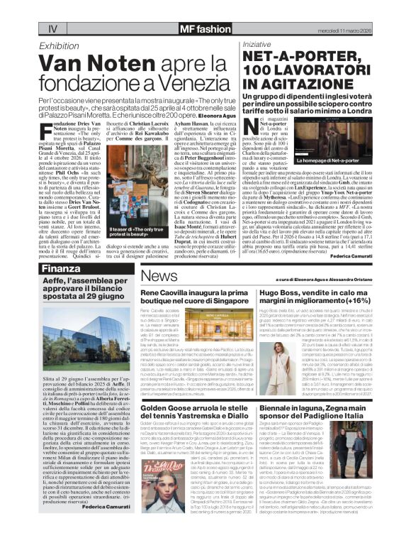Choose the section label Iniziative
257,45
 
